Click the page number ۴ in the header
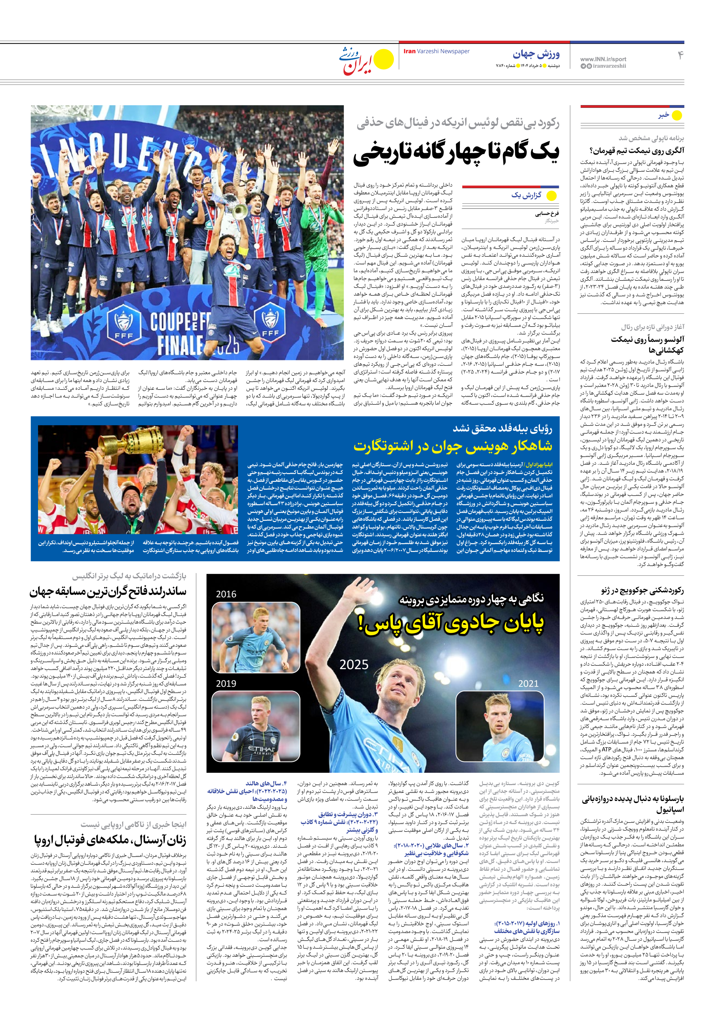(680, 55)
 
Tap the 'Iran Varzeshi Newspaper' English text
(436, 51)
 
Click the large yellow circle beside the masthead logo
(384, 59)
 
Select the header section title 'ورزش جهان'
(536, 54)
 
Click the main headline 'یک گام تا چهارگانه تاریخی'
(456, 153)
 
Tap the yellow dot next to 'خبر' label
(676, 116)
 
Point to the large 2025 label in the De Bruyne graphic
(354, 665)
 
